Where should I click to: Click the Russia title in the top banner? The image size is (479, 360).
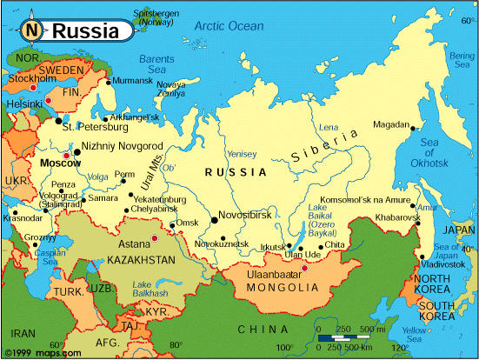click(85, 31)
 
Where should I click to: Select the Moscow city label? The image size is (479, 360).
click(60, 163)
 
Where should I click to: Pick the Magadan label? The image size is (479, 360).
click(390, 124)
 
